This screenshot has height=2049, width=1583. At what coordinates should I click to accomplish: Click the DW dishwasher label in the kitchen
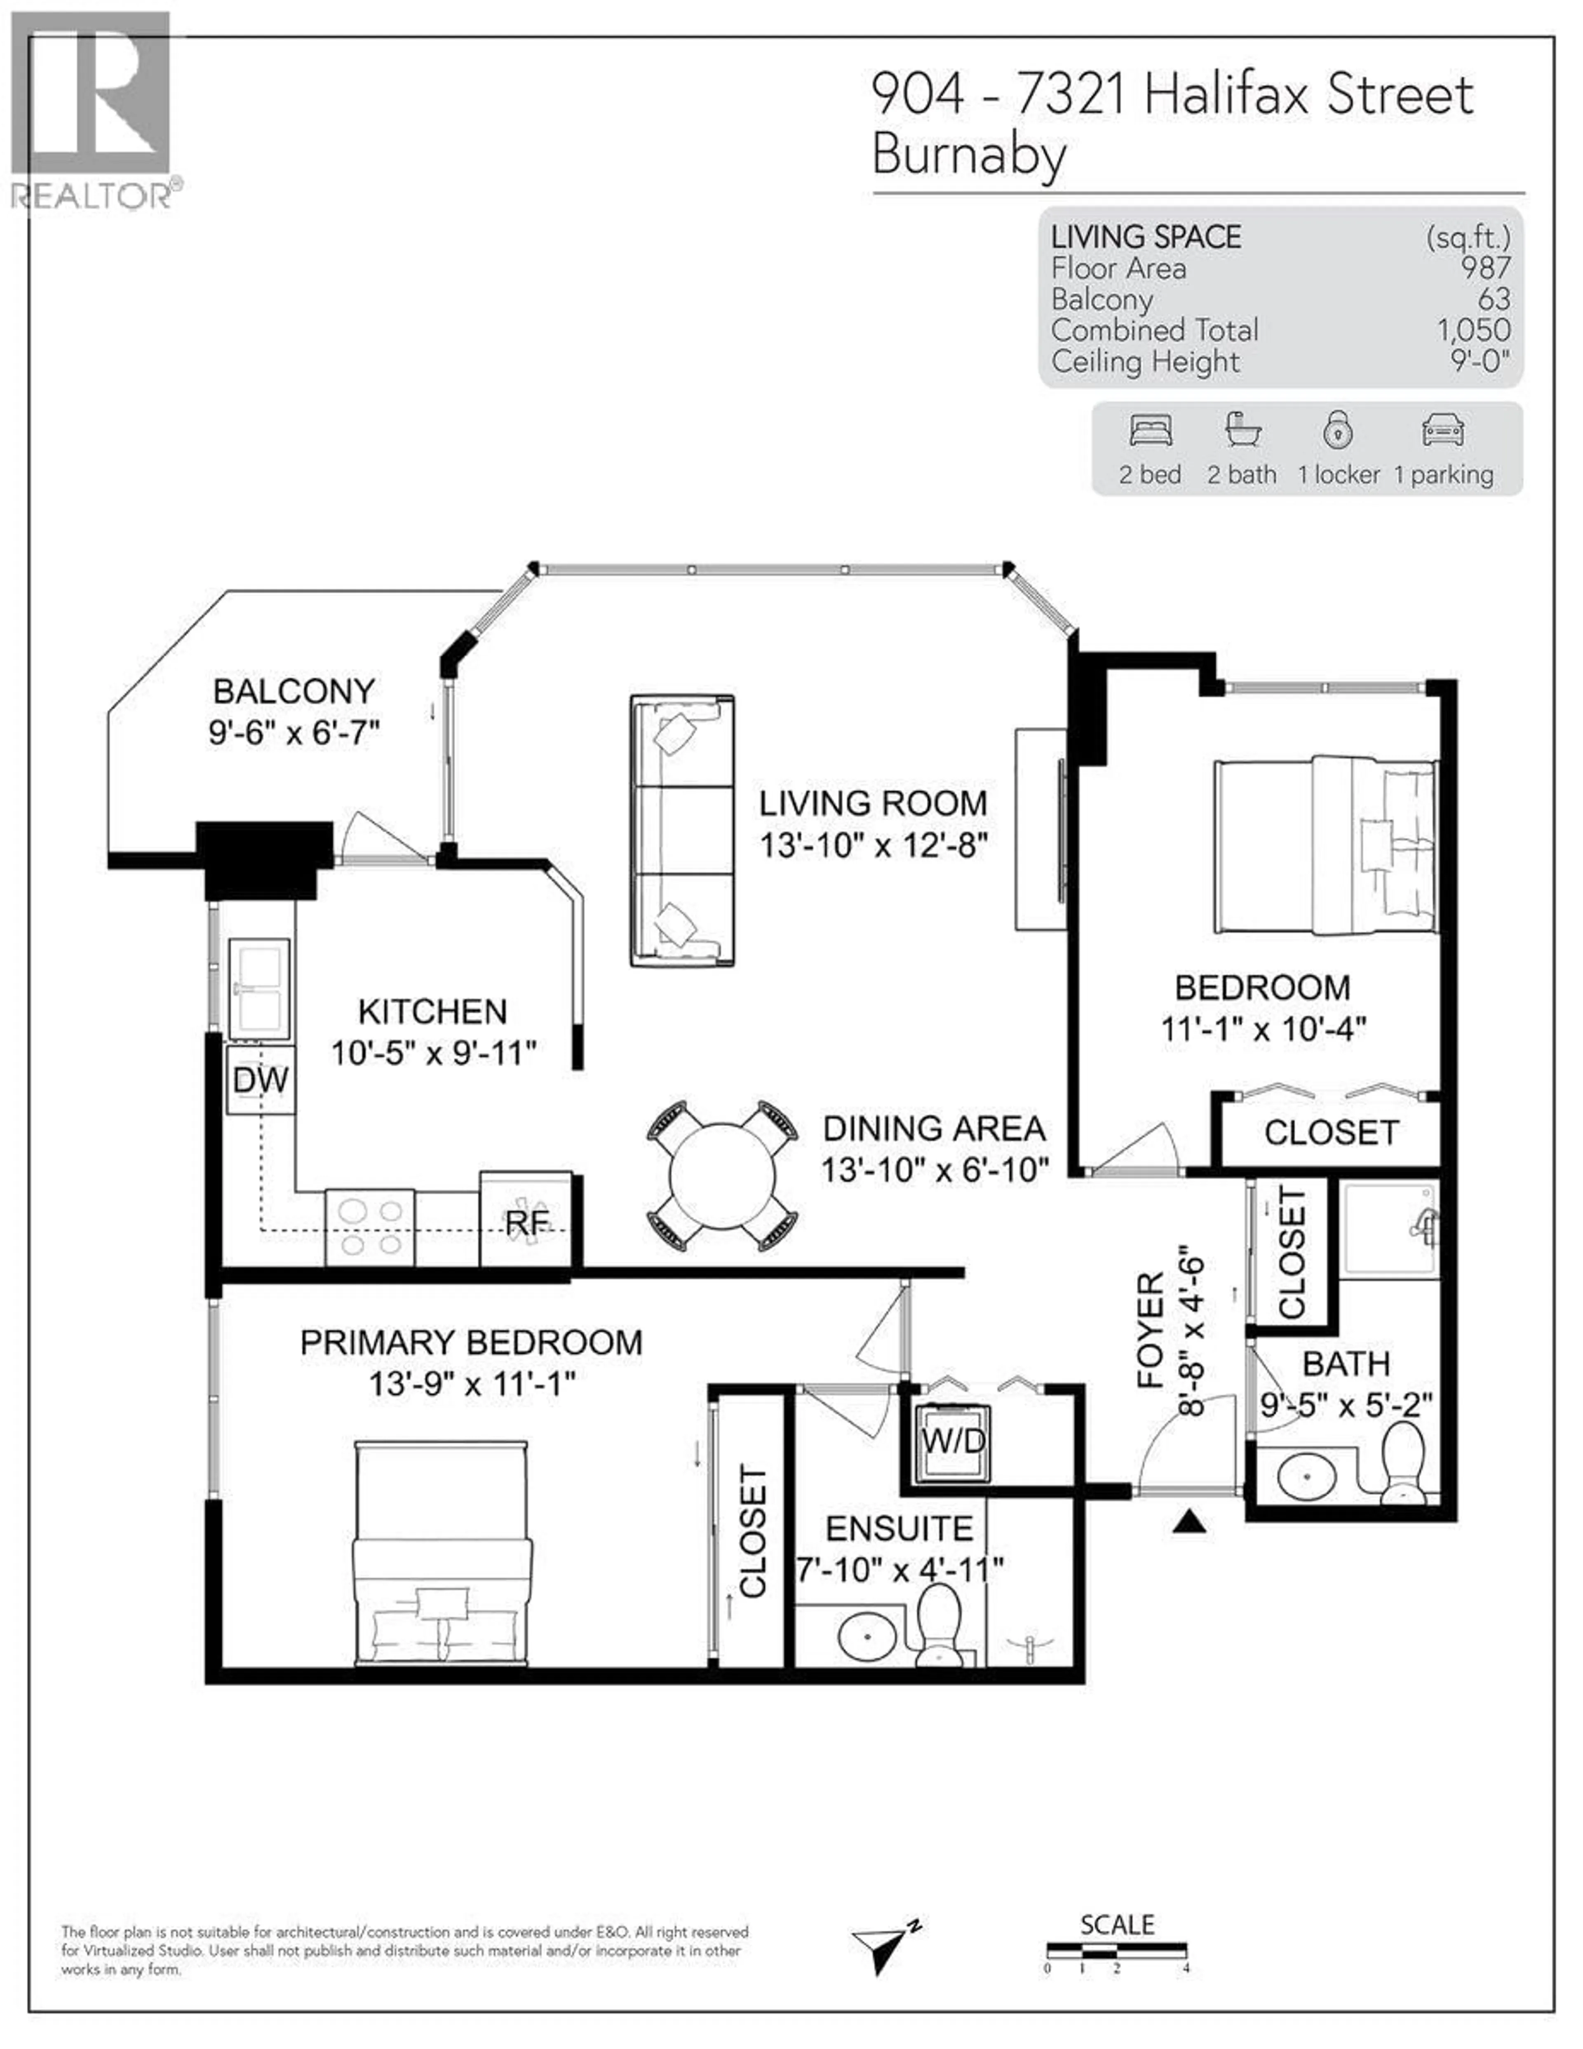pyautogui.click(x=261, y=1080)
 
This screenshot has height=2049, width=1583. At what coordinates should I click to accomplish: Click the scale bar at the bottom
pyautogui.click(x=1117, y=1948)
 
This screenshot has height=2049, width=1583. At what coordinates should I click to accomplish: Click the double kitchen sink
pyautogui.click(x=260, y=989)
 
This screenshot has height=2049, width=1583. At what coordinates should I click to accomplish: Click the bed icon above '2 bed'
pyautogui.click(x=1151, y=431)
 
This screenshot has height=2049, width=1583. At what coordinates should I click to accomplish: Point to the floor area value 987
pyautogui.click(x=1485, y=268)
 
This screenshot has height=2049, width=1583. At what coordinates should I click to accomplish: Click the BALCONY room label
pyautogui.click(x=294, y=691)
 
